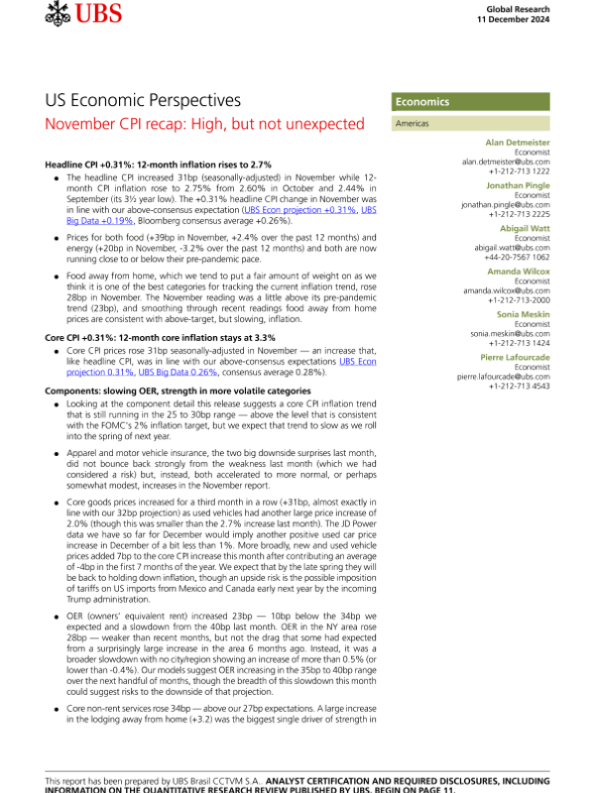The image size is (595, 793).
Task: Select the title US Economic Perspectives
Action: click(x=143, y=101)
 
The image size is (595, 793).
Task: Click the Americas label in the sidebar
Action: click(x=413, y=125)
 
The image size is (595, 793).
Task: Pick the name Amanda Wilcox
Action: click(x=519, y=272)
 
